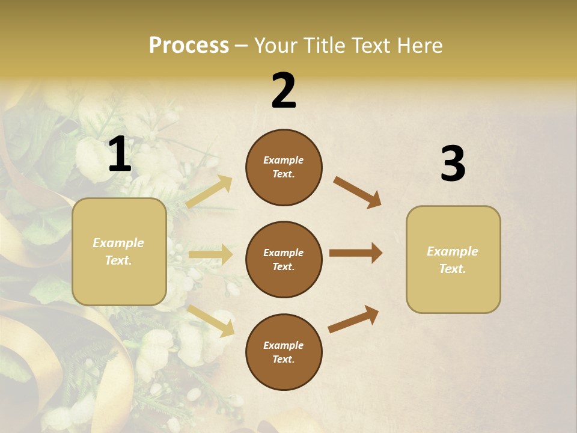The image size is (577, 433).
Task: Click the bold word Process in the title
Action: [189, 46]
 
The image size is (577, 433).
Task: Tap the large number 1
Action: [120, 155]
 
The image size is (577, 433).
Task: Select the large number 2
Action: [284, 91]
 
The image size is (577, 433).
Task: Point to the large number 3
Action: [453, 164]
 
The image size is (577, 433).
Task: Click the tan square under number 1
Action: [119, 251]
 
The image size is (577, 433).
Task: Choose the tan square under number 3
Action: [453, 260]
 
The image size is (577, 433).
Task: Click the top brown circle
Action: [284, 167]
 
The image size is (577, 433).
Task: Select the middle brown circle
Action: [284, 259]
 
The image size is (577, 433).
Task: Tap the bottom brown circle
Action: [284, 352]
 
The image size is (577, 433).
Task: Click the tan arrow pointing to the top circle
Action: [209, 191]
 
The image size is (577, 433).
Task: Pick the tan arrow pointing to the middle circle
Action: [210, 254]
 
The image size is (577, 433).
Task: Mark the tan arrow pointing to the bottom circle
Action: [211, 320]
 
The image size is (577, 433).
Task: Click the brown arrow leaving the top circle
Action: [357, 192]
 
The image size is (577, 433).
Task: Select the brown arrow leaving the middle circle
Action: [356, 253]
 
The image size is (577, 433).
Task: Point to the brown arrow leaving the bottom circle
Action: [353, 319]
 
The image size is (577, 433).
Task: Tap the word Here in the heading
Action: [419, 46]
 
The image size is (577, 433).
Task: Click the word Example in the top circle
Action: [284, 160]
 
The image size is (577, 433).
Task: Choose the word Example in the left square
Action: [118, 243]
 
